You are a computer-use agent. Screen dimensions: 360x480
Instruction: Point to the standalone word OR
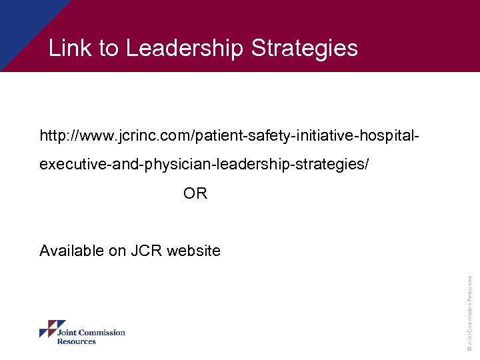(195, 194)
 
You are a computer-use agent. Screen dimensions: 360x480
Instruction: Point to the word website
(193, 251)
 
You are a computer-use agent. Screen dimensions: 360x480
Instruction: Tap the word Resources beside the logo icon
(76, 341)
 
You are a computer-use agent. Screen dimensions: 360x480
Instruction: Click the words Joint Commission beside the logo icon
(91, 333)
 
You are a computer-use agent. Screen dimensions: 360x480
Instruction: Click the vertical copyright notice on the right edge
(470, 313)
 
